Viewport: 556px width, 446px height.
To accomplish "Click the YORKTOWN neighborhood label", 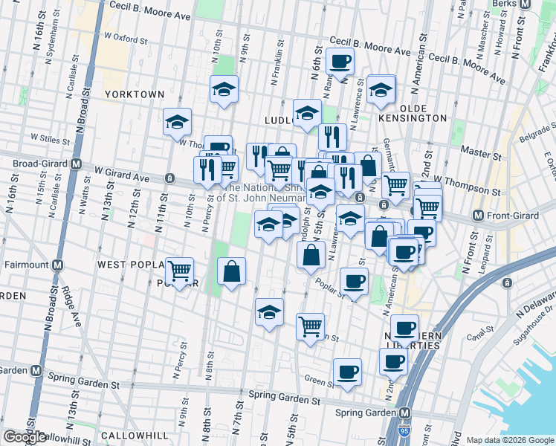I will click(x=134, y=94).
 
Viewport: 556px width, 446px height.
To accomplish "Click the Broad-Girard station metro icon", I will click(x=75, y=164).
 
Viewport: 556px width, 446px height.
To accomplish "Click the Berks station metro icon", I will click(x=526, y=4).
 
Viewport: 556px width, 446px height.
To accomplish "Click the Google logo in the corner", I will click(x=25, y=437).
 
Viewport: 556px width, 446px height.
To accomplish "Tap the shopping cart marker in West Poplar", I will click(x=179, y=272).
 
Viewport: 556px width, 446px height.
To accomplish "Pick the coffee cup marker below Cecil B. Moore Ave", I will click(x=340, y=62).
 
